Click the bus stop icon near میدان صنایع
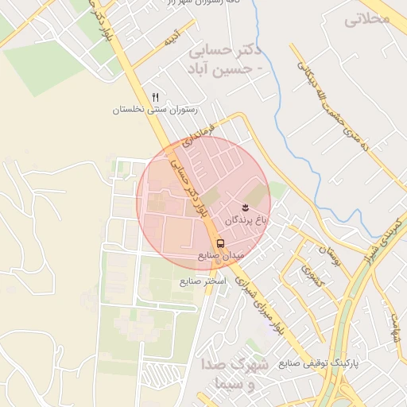click(220, 243)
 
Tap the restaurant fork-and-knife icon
click(155, 97)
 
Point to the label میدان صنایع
click(224, 257)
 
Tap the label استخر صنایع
click(203, 281)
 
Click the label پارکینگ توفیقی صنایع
click(319, 362)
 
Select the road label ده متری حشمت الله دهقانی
click(333, 103)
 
